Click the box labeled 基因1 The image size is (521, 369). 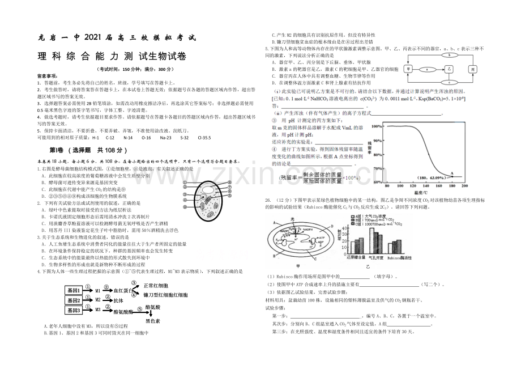coord(75,290)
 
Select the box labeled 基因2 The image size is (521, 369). coord(75,300)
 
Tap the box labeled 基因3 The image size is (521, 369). coord(75,310)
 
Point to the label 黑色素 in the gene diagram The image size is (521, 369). coord(154,321)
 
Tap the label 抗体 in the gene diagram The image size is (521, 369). coord(118,300)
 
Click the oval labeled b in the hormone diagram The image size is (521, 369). coord(449,56)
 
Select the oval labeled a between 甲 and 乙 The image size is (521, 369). coord(428,68)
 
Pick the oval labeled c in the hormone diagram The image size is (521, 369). coord(449,80)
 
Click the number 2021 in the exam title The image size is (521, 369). coord(92,38)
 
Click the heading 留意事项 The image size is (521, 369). coord(47,75)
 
